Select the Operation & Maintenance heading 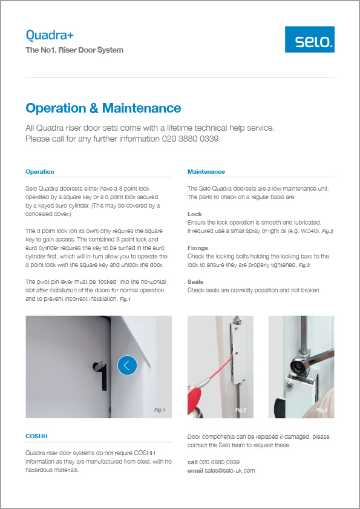click(x=103, y=108)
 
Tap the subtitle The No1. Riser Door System click(x=74, y=50)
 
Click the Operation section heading click(x=40, y=172)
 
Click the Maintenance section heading click(x=206, y=172)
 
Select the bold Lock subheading click(x=194, y=214)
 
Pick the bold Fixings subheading click(x=198, y=248)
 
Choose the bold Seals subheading click(x=195, y=282)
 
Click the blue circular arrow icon click(x=127, y=365)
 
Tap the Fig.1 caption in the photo click(x=160, y=410)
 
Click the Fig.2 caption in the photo click(x=241, y=410)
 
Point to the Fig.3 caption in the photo click(x=321, y=410)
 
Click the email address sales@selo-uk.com click(x=229, y=470)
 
